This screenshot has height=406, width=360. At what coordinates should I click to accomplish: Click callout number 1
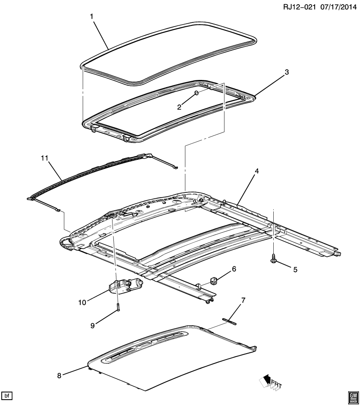[x=91, y=17]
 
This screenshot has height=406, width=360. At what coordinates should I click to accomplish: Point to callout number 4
[x=256, y=171]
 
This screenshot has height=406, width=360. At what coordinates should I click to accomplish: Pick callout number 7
[x=242, y=301]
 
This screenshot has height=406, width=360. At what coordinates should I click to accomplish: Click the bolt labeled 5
[x=274, y=258]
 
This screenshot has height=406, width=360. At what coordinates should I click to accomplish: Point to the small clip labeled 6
[x=213, y=280]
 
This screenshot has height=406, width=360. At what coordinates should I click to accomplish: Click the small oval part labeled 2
[x=197, y=93]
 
